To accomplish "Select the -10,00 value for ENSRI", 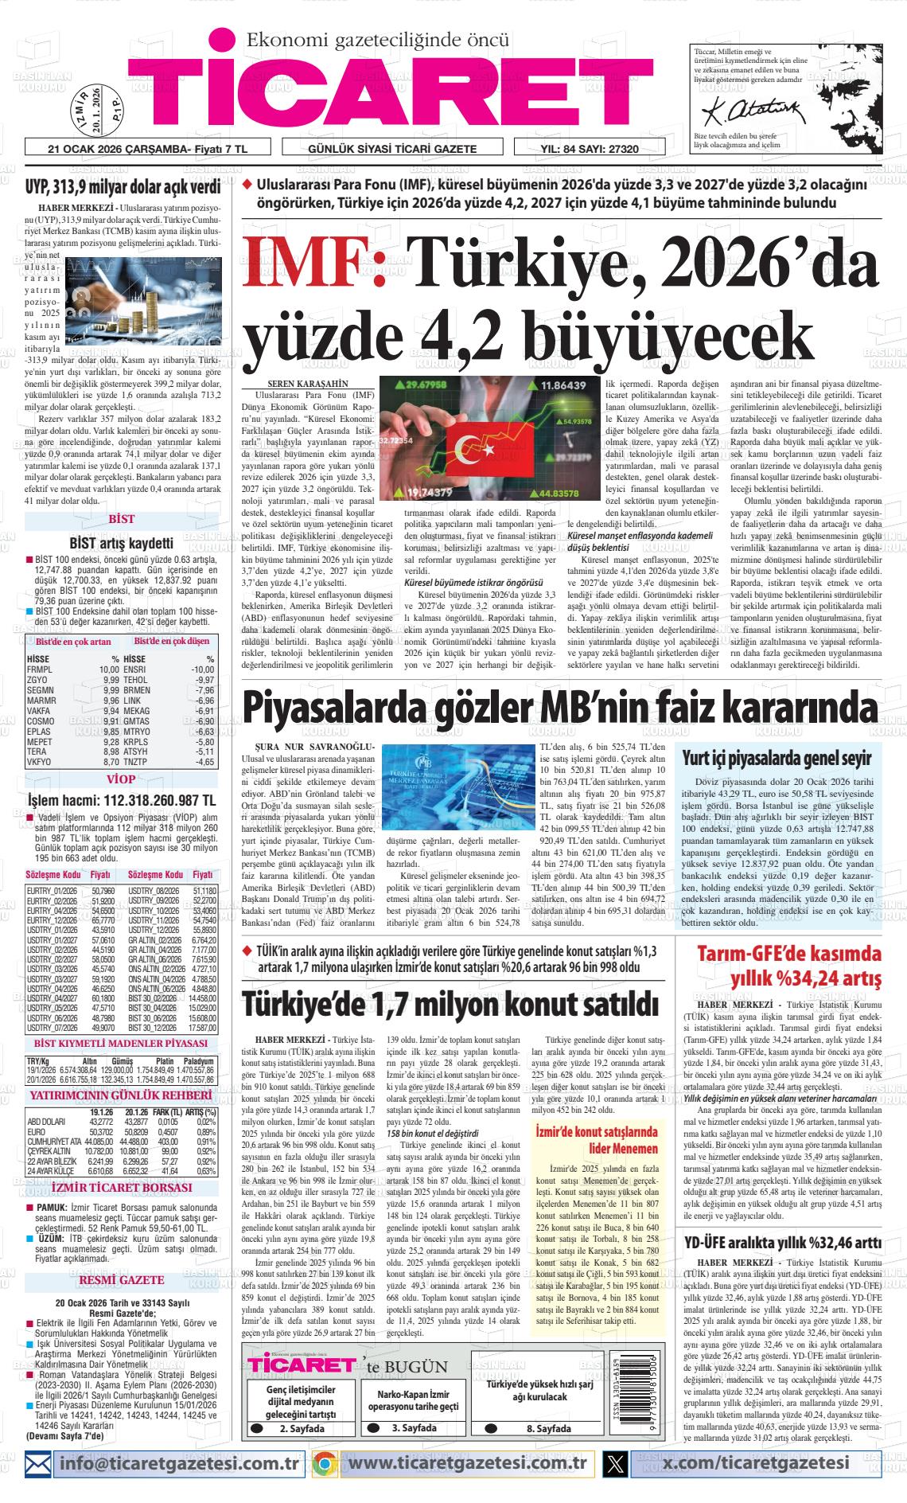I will [202, 670].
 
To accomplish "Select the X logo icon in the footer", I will [615, 1463].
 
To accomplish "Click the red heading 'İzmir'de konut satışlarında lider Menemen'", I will [597, 1139].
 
